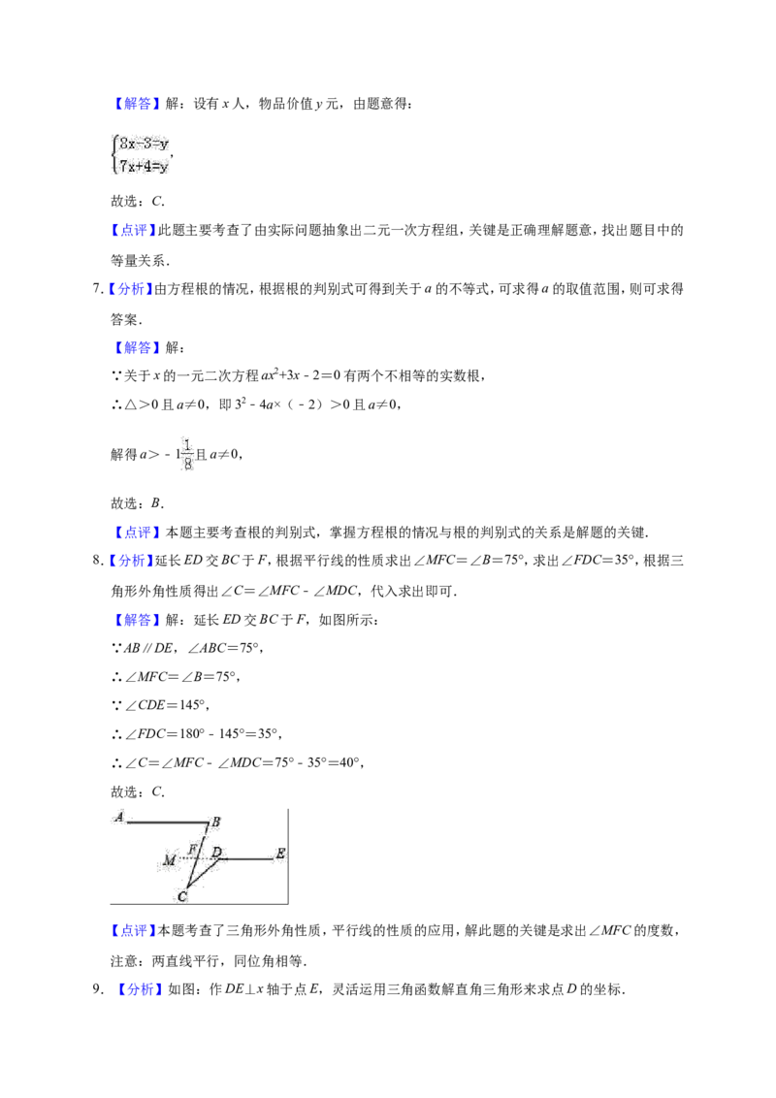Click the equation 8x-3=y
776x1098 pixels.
point(144,145)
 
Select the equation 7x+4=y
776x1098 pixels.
point(144,167)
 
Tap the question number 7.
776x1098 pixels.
point(97,289)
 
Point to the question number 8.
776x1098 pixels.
point(97,561)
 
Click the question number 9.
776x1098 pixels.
point(97,989)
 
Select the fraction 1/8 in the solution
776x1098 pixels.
point(187,455)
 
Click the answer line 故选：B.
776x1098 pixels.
point(138,503)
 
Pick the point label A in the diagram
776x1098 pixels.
point(119,817)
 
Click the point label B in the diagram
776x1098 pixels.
point(215,823)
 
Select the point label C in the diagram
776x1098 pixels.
point(182,896)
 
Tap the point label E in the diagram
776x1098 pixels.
point(281,854)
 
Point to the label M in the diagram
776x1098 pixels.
point(170,860)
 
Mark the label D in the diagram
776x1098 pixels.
point(217,853)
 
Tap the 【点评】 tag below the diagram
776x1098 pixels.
point(133,930)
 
